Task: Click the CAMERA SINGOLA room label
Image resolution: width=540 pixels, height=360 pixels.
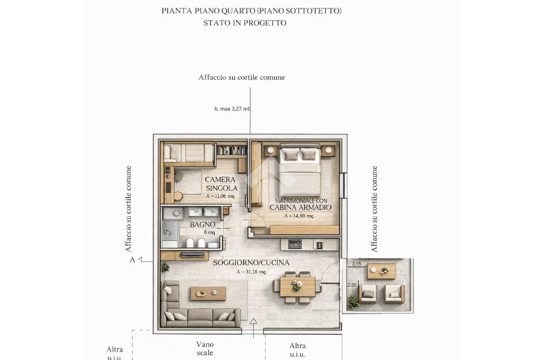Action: point(221,184)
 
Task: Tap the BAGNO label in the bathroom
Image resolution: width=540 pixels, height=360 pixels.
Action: point(202,225)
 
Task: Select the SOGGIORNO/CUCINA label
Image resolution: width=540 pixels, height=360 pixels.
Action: point(252,262)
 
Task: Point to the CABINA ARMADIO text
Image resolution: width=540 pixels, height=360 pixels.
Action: point(300,207)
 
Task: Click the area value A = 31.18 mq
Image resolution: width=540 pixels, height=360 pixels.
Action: point(251,272)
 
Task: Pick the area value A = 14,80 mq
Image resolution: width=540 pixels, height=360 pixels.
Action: point(299,216)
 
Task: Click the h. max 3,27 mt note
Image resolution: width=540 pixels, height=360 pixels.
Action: point(232,109)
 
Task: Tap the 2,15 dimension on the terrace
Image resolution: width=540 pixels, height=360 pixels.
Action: point(357,264)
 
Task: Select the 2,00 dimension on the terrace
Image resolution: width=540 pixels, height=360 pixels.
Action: point(352,285)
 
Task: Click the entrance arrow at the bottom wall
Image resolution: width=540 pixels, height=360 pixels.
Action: point(254,328)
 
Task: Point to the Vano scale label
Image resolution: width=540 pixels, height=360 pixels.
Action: point(205,348)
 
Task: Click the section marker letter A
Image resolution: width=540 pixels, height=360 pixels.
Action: point(132,260)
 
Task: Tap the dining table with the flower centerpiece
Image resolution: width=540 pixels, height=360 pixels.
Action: point(297,287)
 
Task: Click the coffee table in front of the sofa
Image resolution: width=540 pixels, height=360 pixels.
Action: point(208,294)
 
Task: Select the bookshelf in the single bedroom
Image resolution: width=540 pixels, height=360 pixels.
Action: point(232,150)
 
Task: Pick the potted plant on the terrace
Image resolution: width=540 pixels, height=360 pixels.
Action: point(353,302)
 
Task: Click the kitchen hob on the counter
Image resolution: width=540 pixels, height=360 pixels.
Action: point(295,245)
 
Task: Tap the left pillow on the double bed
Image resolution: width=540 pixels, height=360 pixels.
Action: point(291,154)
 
